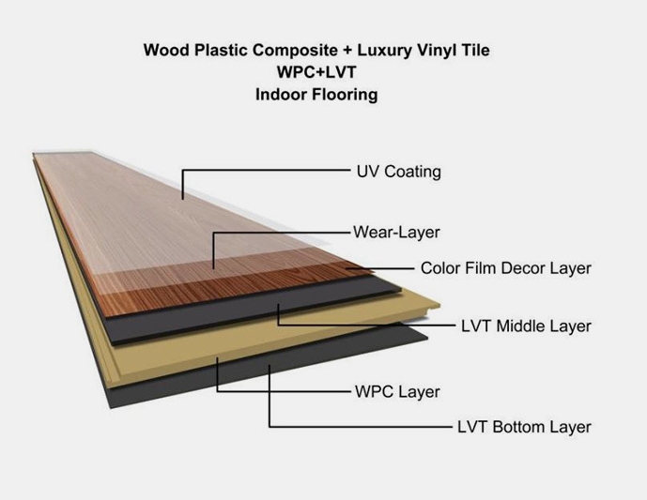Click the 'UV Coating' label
pos(398,172)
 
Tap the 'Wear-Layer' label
pos(396,232)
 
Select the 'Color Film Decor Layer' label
pos(506,268)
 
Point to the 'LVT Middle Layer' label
pos(526,326)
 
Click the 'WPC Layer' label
pos(398,391)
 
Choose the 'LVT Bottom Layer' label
pos(524,427)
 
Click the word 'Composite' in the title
pos(295,51)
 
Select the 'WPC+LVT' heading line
pos(316,72)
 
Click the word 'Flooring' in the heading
pos(345,95)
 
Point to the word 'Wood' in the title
pos(166,51)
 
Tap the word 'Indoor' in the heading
pos(281,95)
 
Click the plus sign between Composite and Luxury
pos(347,51)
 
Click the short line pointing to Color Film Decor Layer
pos(379,268)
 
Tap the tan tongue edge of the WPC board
pos(429,307)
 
